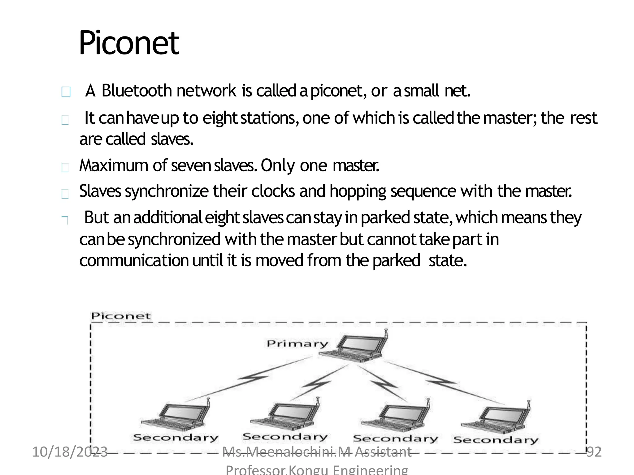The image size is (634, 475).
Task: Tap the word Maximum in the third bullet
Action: pos(114,165)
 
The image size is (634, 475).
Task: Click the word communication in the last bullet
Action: pos(134,260)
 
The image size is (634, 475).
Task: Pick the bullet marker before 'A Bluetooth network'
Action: pos(66,92)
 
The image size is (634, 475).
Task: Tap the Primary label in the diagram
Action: pos(297,344)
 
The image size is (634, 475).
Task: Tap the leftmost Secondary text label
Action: pos(176,438)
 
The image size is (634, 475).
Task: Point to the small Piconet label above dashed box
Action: pos(121,316)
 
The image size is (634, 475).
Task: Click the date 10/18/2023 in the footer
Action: pos(70,452)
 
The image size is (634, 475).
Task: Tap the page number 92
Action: pos(594,452)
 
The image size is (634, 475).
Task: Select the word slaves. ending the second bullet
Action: pos(172,139)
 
